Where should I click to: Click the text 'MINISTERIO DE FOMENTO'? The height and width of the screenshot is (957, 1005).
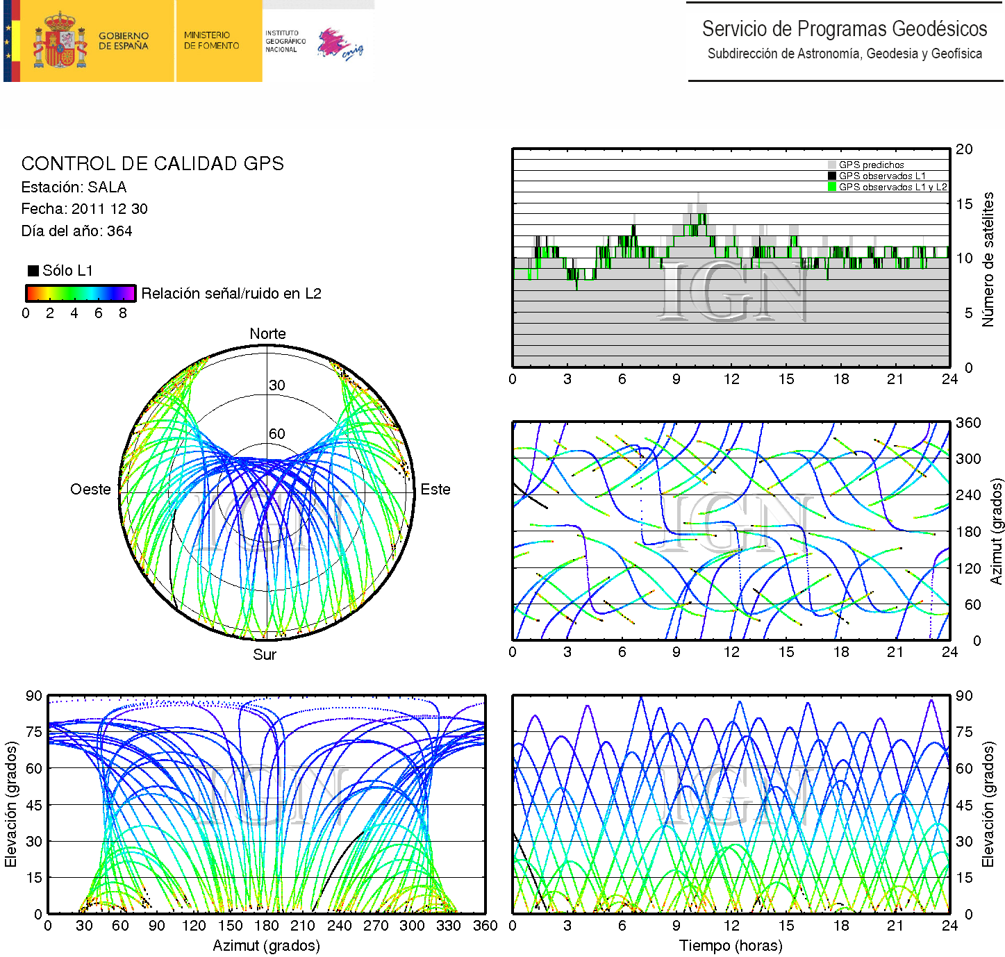(x=211, y=40)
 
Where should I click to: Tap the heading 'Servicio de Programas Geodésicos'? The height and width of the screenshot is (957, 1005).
(x=844, y=29)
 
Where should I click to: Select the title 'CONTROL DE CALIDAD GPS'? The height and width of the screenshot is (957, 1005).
(x=152, y=164)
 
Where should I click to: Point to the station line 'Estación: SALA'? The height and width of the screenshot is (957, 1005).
(x=74, y=188)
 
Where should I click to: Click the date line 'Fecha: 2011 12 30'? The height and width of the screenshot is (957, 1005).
(x=84, y=209)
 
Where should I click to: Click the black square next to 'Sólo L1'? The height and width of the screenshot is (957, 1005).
(x=33, y=271)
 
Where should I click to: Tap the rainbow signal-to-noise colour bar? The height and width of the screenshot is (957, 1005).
(x=80, y=293)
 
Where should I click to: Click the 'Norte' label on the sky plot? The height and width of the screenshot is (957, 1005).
(x=267, y=334)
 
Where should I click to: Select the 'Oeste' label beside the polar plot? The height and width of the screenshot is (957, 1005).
(x=90, y=490)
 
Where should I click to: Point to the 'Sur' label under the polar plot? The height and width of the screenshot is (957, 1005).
(x=265, y=655)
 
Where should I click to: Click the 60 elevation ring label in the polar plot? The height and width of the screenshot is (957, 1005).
(x=277, y=434)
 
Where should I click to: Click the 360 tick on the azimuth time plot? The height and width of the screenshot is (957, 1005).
(x=968, y=423)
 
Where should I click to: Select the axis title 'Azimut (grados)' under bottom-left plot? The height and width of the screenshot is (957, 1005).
(x=266, y=946)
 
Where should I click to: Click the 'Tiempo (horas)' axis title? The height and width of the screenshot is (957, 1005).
(x=731, y=946)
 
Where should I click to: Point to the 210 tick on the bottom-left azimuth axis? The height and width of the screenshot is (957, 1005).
(x=303, y=926)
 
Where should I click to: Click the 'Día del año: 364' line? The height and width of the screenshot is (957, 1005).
(x=76, y=231)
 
